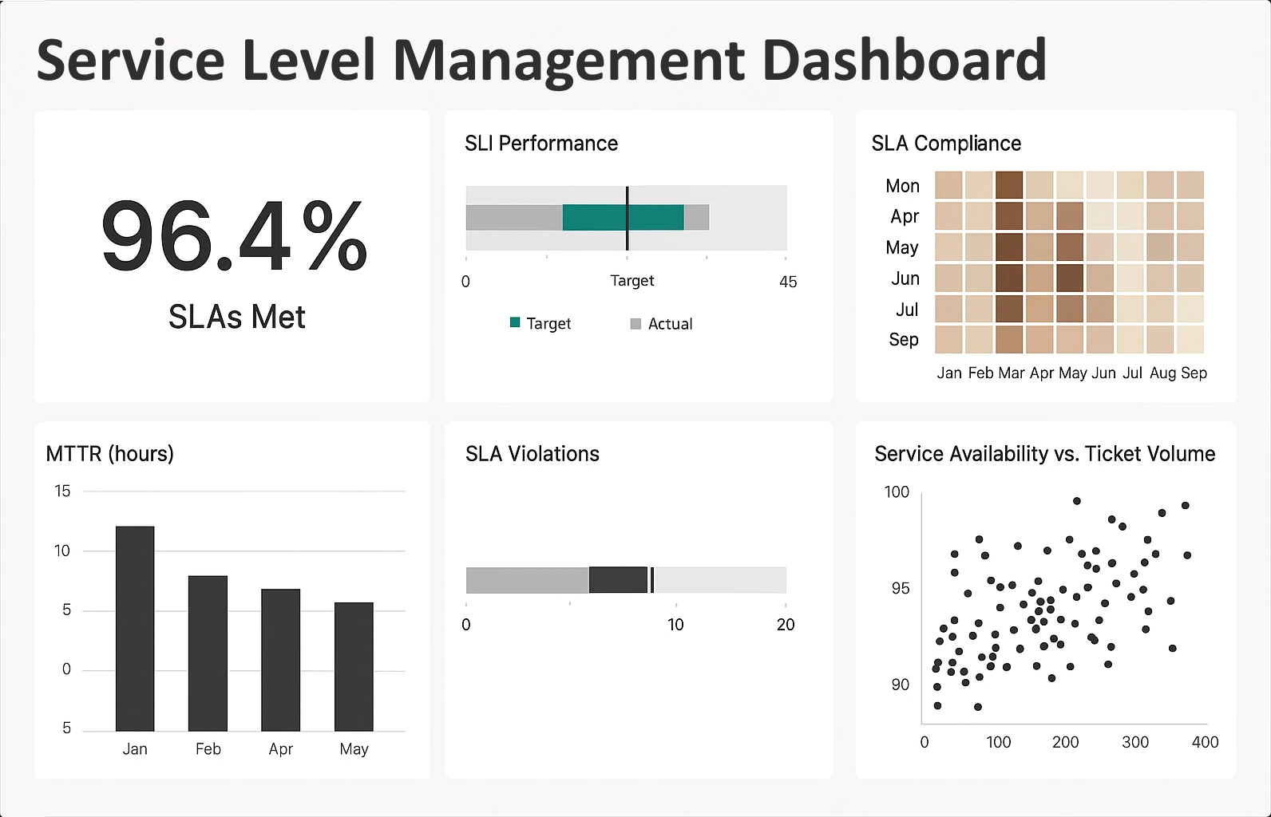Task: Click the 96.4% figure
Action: (x=234, y=237)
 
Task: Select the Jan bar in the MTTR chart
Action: (x=135, y=629)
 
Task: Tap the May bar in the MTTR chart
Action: (x=354, y=666)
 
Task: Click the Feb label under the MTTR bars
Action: (x=208, y=749)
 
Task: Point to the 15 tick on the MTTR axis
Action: (x=62, y=491)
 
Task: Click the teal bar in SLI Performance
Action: (x=623, y=218)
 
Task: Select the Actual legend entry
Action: (x=669, y=324)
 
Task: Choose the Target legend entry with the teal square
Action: (x=548, y=324)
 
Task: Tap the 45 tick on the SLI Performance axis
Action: (x=787, y=282)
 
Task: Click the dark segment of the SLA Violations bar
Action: (x=618, y=580)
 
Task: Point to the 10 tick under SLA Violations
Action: (x=675, y=625)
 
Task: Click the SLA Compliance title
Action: (x=946, y=144)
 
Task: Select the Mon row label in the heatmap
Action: (x=902, y=186)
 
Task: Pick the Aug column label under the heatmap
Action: (x=1162, y=373)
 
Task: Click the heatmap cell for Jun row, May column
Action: (x=1070, y=278)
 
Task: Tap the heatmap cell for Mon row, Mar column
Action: (x=1009, y=185)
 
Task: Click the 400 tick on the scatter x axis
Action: (x=1205, y=742)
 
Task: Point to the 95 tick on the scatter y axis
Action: (x=900, y=589)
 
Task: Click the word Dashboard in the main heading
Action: (x=904, y=61)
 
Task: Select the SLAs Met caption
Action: (x=236, y=317)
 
